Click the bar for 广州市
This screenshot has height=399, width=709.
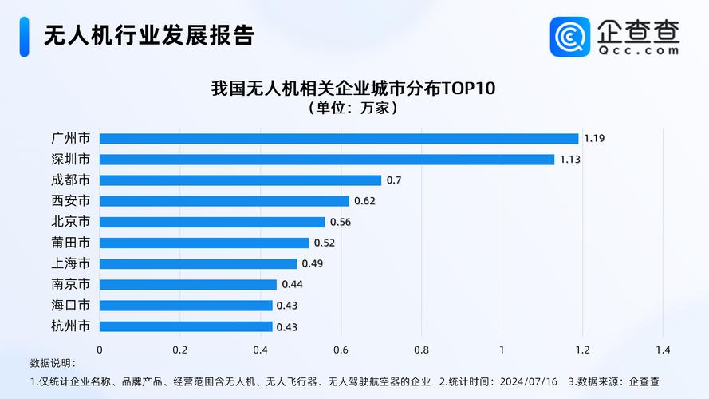pyautogui.click(x=339, y=138)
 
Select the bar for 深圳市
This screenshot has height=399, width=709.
pyautogui.click(x=327, y=159)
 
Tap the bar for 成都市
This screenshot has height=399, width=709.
pyautogui.click(x=240, y=180)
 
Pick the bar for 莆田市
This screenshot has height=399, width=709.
pyautogui.click(x=204, y=242)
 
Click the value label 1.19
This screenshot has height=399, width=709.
pyautogui.click(x=594, y=138)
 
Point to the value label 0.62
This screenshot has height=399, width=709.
pyautogui.click(x=364, y=201)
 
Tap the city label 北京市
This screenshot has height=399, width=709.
pyautogui.click(x=70, y=222)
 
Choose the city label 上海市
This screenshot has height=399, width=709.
pyautogui.click(x=70, y=263)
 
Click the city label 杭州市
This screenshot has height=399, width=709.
pyautogui.click(x=70, y=326)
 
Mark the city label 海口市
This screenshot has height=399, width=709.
pyautogui.click(x=70, y=305)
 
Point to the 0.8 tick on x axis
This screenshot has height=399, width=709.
pyautogui.click(x=421, y=350)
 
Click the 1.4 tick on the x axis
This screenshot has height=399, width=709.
pyautogui.click(x=663, y=350)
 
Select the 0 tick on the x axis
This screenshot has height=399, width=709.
pyautogui.click(x=100, y=350)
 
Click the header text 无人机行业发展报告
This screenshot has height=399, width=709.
pyautogui.click(x=148, y=36)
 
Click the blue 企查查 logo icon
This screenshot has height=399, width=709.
pyautogui.click(x=570, y=37)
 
